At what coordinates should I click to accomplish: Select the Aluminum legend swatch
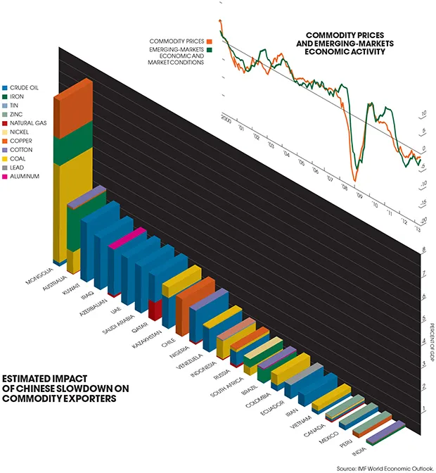pyautogui.click(x=6, y=176)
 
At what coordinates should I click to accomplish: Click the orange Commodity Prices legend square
pyautogui.click(x=210, y=42)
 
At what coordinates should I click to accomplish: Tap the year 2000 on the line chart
pyautogui.click(x=226, y=120)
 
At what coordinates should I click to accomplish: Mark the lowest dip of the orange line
pyautogui.click(x=354, y=181)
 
